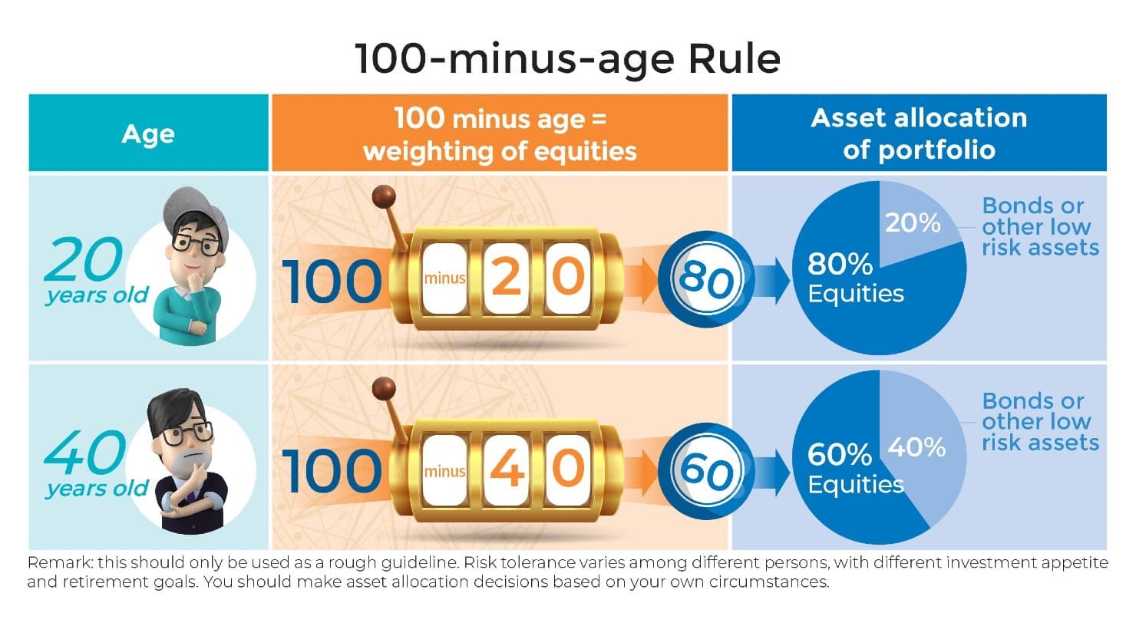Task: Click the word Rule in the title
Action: (x=734, y=59)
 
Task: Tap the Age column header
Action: (x=148, y=133)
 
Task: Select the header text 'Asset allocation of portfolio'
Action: (x=919, y=133)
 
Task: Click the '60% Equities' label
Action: (x=856, y=469)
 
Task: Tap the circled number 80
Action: (x=706, y=279)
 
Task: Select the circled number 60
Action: (x=706, y=471)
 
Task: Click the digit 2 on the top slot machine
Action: (x=506, y=276)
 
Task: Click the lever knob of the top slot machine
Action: (x=384, y=196)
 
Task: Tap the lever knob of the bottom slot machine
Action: (x=384, y=389)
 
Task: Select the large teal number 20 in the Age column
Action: (x=84, y=259)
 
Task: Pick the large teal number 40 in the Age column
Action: (x=84, y=452)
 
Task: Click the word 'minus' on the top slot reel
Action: (x=444, y=278)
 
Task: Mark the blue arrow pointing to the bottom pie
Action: (x=771, y=471)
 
